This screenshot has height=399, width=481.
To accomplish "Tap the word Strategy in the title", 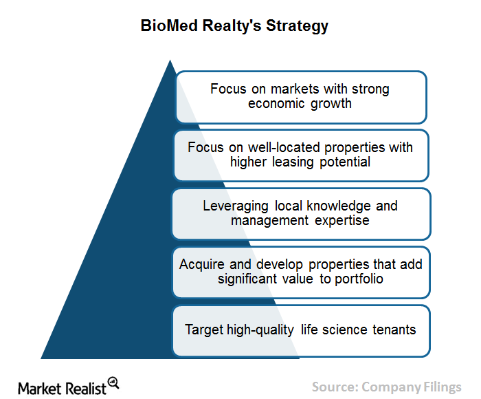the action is click(297, 26).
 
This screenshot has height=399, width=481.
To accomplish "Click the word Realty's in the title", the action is click(232, 26).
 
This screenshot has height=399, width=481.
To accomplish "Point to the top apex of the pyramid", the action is click(170, 61).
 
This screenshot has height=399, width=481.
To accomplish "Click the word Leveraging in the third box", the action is click(235, 206).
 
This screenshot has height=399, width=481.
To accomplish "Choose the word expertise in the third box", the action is click(342, 221).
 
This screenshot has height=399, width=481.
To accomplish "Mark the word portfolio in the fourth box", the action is click(359, 279).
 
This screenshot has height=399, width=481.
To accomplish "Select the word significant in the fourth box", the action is click(247, 279).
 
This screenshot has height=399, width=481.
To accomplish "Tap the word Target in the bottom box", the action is click(204, 330).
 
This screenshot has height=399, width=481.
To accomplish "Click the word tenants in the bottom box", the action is click(394, 330).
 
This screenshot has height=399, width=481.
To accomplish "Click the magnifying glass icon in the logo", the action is click(113, 382).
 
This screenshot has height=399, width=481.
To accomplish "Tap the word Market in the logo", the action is click(40, 389).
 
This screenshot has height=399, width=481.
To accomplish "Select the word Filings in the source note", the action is click(443, 387).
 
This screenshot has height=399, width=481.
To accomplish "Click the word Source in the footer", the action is click(335, 387).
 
